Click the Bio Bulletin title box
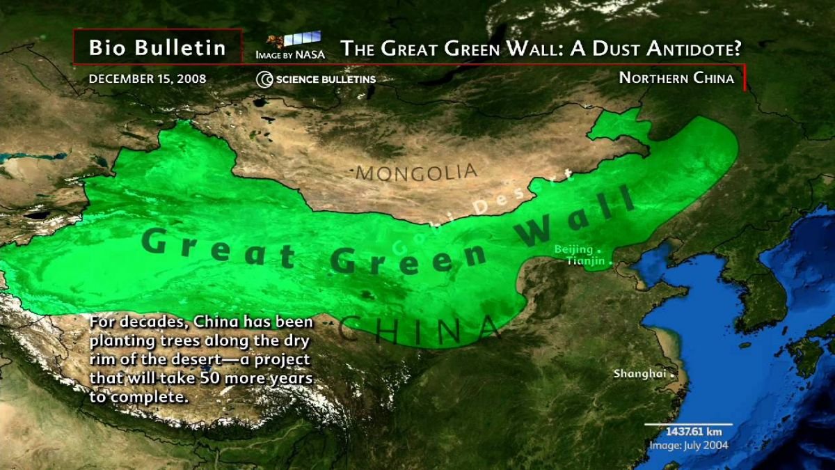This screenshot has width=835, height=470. click(157, 47)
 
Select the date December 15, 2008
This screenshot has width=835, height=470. click(148, 79)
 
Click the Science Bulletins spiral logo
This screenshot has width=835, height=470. click(264, 79)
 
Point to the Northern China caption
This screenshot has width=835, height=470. click(676, 78)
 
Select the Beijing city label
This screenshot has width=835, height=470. click(573, 249)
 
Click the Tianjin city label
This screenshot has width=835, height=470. click(585, 261)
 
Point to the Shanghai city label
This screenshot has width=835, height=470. click(635, 374)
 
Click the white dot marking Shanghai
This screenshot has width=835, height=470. click(672, 375)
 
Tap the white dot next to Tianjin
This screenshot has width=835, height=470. click(611, 263)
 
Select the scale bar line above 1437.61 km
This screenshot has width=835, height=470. click(687, 424)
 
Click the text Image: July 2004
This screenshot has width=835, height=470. click(688, 445)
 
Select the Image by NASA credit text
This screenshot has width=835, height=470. click(289, 54)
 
